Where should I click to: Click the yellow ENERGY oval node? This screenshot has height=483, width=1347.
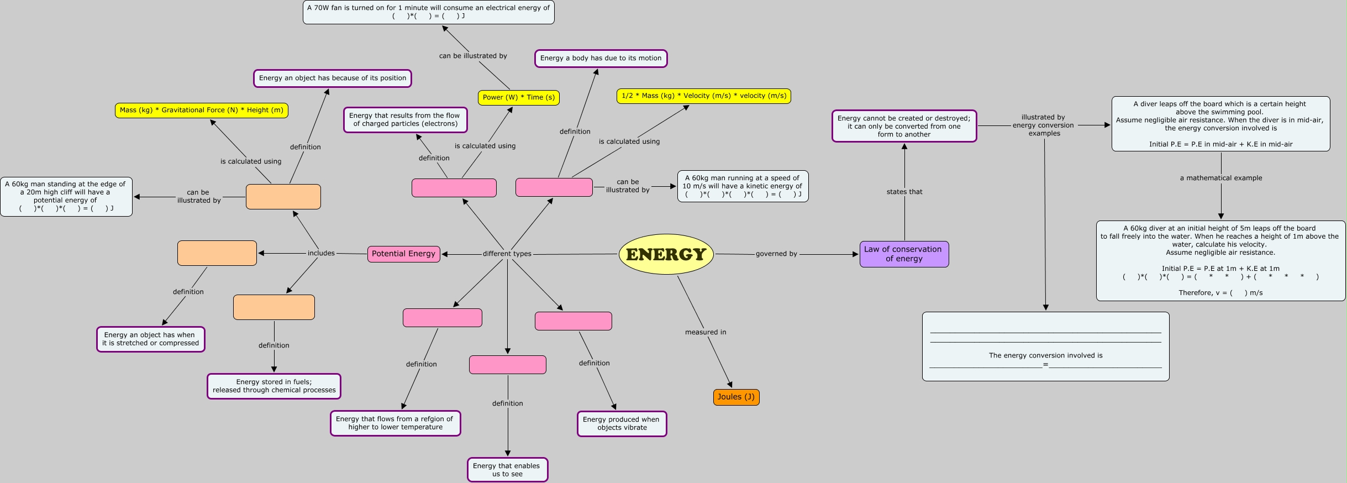point(666,254)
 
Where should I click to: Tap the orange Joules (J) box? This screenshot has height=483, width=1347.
point(736,397)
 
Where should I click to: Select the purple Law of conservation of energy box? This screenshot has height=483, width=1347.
point(904,254)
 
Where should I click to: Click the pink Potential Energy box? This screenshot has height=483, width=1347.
point(403,254)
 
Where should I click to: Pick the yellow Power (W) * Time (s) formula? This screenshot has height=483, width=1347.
point(518,98)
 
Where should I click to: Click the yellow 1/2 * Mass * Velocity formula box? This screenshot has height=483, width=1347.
point(703,96)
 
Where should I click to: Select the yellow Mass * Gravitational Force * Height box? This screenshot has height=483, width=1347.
point(201,111)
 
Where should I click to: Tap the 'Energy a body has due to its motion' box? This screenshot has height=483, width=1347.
point(601,59)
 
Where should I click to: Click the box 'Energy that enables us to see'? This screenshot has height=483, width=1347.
point(507,470)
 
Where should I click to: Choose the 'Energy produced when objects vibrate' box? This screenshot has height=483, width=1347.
point(622,424)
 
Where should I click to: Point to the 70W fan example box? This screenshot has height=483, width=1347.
point(428,12)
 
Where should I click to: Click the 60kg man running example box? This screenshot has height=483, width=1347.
point(743,186)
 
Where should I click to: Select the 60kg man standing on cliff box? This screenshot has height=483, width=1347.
point(66,197)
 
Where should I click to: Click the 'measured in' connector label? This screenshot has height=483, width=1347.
point(706,332)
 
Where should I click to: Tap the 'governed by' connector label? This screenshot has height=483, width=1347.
point(776,254)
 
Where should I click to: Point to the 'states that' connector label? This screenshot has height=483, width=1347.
point(904,192)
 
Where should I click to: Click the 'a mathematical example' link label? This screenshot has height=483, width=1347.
point(1220,178)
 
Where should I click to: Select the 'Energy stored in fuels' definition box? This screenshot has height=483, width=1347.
point(273,386)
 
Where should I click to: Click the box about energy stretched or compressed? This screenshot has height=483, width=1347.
point(150,339)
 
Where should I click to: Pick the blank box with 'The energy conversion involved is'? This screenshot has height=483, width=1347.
point(1045,347)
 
